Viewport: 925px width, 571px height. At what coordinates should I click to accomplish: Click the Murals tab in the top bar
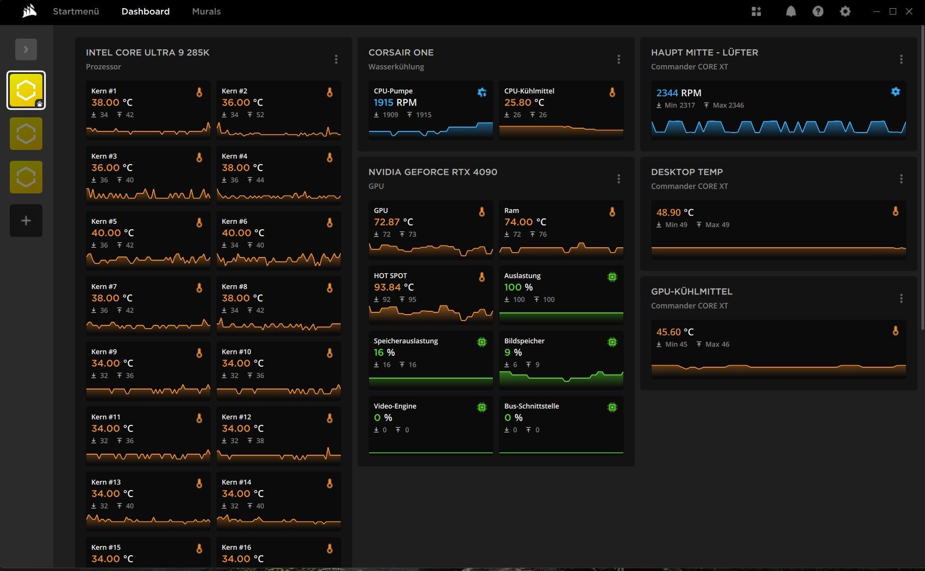pyautogui.click(x=206, y=11)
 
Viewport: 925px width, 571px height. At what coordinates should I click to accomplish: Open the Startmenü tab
pyautogui.click(x=76, y=11)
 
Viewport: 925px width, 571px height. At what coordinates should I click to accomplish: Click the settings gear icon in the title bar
pyautogui.click(x=845, y=11)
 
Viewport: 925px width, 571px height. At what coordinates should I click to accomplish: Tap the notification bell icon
pyautogui.click(x=791, y=11)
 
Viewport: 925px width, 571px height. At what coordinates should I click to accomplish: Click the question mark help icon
pyautogui.click(x=817, y=11)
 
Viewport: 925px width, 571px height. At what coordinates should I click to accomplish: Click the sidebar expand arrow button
pyautogui.click(x=26, y=49)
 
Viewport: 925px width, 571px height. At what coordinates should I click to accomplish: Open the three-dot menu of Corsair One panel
pyautogui.click(x=618, y=59)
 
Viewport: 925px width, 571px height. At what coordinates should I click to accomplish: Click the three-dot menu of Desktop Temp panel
pyautogui.click(x=901, y=179)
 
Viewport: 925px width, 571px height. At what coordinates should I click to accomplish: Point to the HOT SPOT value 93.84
pyautogui.click(x=387, y=287)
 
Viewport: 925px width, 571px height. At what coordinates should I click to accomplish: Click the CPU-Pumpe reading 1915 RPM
pyautogui.click(x=395, y=103)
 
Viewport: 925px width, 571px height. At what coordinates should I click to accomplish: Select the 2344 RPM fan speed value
pyautogui.click(x=679, y=93)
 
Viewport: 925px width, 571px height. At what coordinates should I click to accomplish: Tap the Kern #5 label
pyautogui.click(x=104, y=221)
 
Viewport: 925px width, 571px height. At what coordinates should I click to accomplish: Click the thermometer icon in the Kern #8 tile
pyautogui.click(x=329, y=288)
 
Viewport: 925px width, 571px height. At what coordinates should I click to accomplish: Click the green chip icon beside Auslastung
pyautogui.click(x=612, y=277)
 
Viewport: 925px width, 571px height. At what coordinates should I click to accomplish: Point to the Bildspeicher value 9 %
pyautogui.click(x=513, y=353)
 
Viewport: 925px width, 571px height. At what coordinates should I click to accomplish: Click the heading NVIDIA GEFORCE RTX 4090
pyautogui.click(x=433, y=172)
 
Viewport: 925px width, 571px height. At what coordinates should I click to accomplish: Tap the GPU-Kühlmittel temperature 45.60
pyautogui.click(x=668, y=332)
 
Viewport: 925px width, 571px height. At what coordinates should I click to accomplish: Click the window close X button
pyautogui.click(x=909, y=11)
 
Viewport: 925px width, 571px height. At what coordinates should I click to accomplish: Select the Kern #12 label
pyautogui.click(x=236, y=417)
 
